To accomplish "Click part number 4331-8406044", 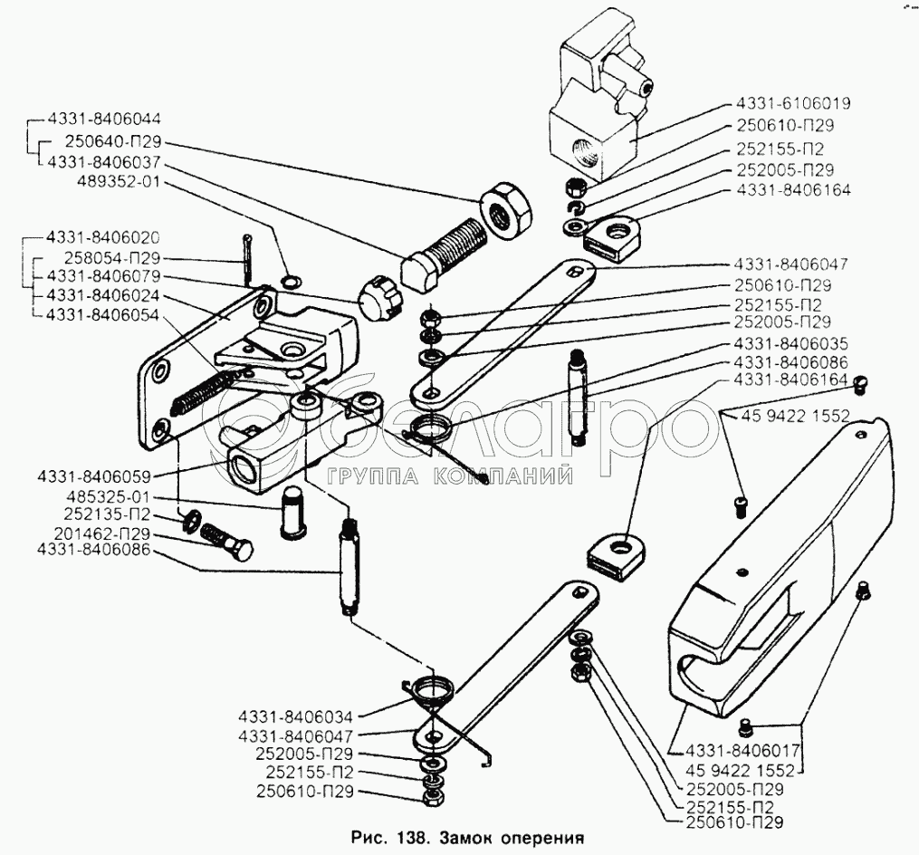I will [x=101, y=120].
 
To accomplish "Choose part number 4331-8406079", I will [x=101, y=275].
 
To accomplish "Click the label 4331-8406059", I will [x=95, y=475].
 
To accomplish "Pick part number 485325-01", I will [x=109, y=498].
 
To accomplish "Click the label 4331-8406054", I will [x=101, y=313].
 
